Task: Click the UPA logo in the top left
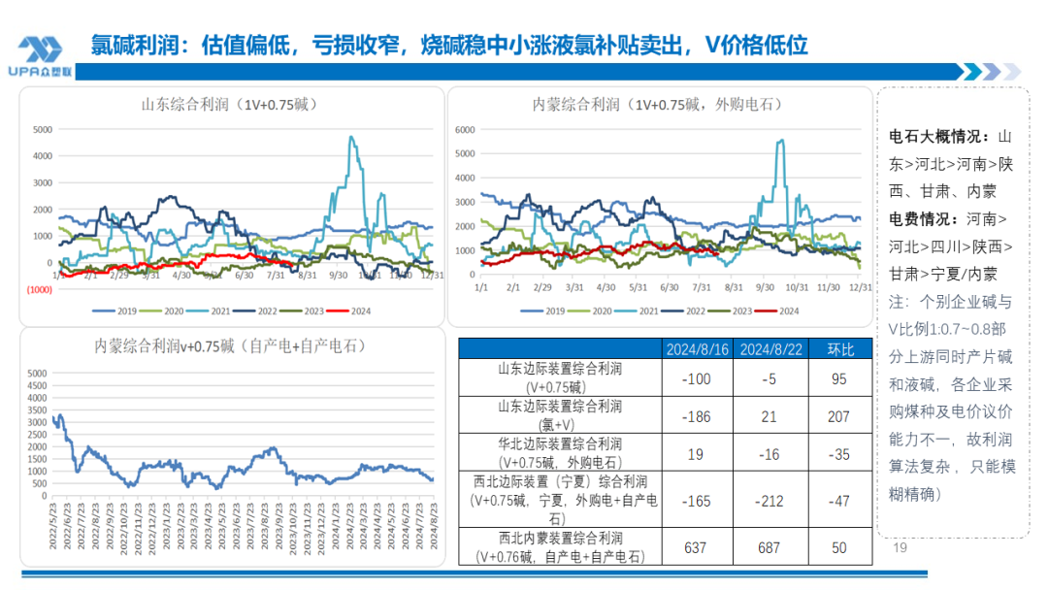point(41,54)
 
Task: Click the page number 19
point(900,548)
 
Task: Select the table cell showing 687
point(769,548)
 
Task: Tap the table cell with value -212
point(769,502)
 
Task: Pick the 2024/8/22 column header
point(769,349)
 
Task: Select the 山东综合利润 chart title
point(230,103)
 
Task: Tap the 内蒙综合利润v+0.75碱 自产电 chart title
point(230,344)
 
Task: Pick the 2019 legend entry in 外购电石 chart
point(545,311)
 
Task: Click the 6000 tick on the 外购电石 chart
point(464,129)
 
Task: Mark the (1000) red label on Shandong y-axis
point(39,289)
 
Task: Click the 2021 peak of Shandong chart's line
point(350,137)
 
